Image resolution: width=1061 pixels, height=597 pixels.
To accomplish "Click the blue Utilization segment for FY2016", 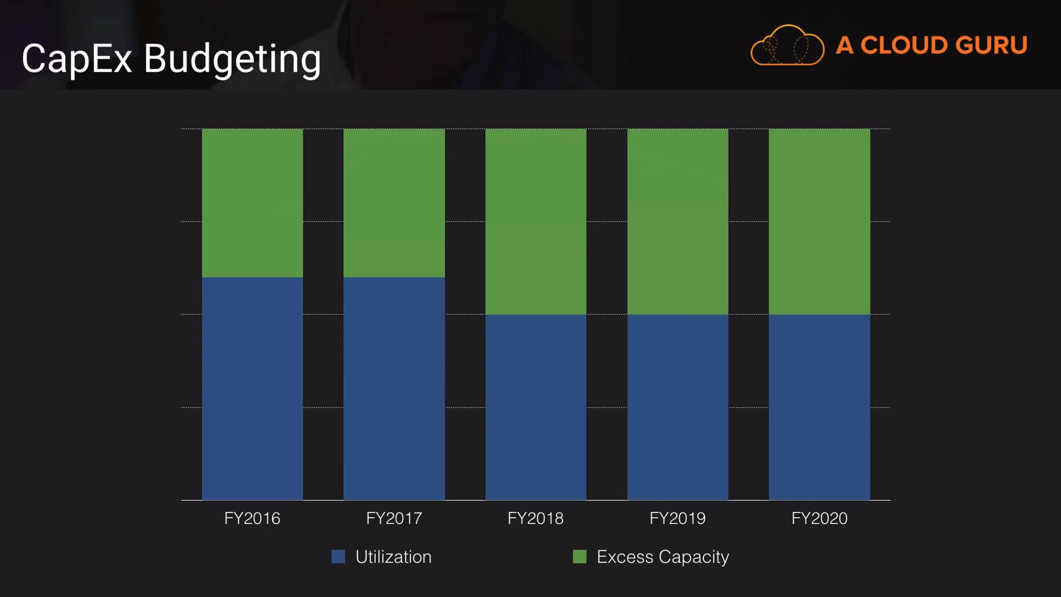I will [x=252, y=388].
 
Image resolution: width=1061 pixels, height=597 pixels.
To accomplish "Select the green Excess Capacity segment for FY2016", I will [x=252, y=203].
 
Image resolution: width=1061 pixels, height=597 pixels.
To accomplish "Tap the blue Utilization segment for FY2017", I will [x=394, y=388].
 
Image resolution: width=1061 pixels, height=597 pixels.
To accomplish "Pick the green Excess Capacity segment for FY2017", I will [x=394, y=203].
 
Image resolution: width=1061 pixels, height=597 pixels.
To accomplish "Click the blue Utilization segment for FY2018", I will [x=535, y=407].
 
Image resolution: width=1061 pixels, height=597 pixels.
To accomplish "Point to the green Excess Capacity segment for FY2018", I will [x=535, y=221].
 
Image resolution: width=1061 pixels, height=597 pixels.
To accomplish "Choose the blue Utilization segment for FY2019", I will [x=677, y=407].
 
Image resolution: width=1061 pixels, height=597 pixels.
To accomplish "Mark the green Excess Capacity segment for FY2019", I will [x=677, y=221].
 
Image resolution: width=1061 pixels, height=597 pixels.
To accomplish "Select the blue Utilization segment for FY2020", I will [x=819, y=407].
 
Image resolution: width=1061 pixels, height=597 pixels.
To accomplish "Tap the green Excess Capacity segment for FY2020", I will [x=819, y=221].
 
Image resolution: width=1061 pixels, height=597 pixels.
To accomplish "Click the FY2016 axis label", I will [x=252, y=519].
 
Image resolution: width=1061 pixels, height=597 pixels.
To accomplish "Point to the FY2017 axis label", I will [x=394, y=519].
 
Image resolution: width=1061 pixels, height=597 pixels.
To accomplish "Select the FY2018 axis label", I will [x=535, y=519].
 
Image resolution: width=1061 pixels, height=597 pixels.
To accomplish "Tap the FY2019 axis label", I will [x=677, y=519].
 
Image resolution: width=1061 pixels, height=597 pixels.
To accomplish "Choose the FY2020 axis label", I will [x=819, y=519].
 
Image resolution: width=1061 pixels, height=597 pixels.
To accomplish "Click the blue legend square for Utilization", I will [x=338, y=556].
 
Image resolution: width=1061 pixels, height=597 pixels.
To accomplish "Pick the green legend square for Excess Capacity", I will [x=580, y=556].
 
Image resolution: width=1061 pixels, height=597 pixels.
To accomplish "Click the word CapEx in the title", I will [x=77, y=59].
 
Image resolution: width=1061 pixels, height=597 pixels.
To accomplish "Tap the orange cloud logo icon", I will [x=787, y=45].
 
